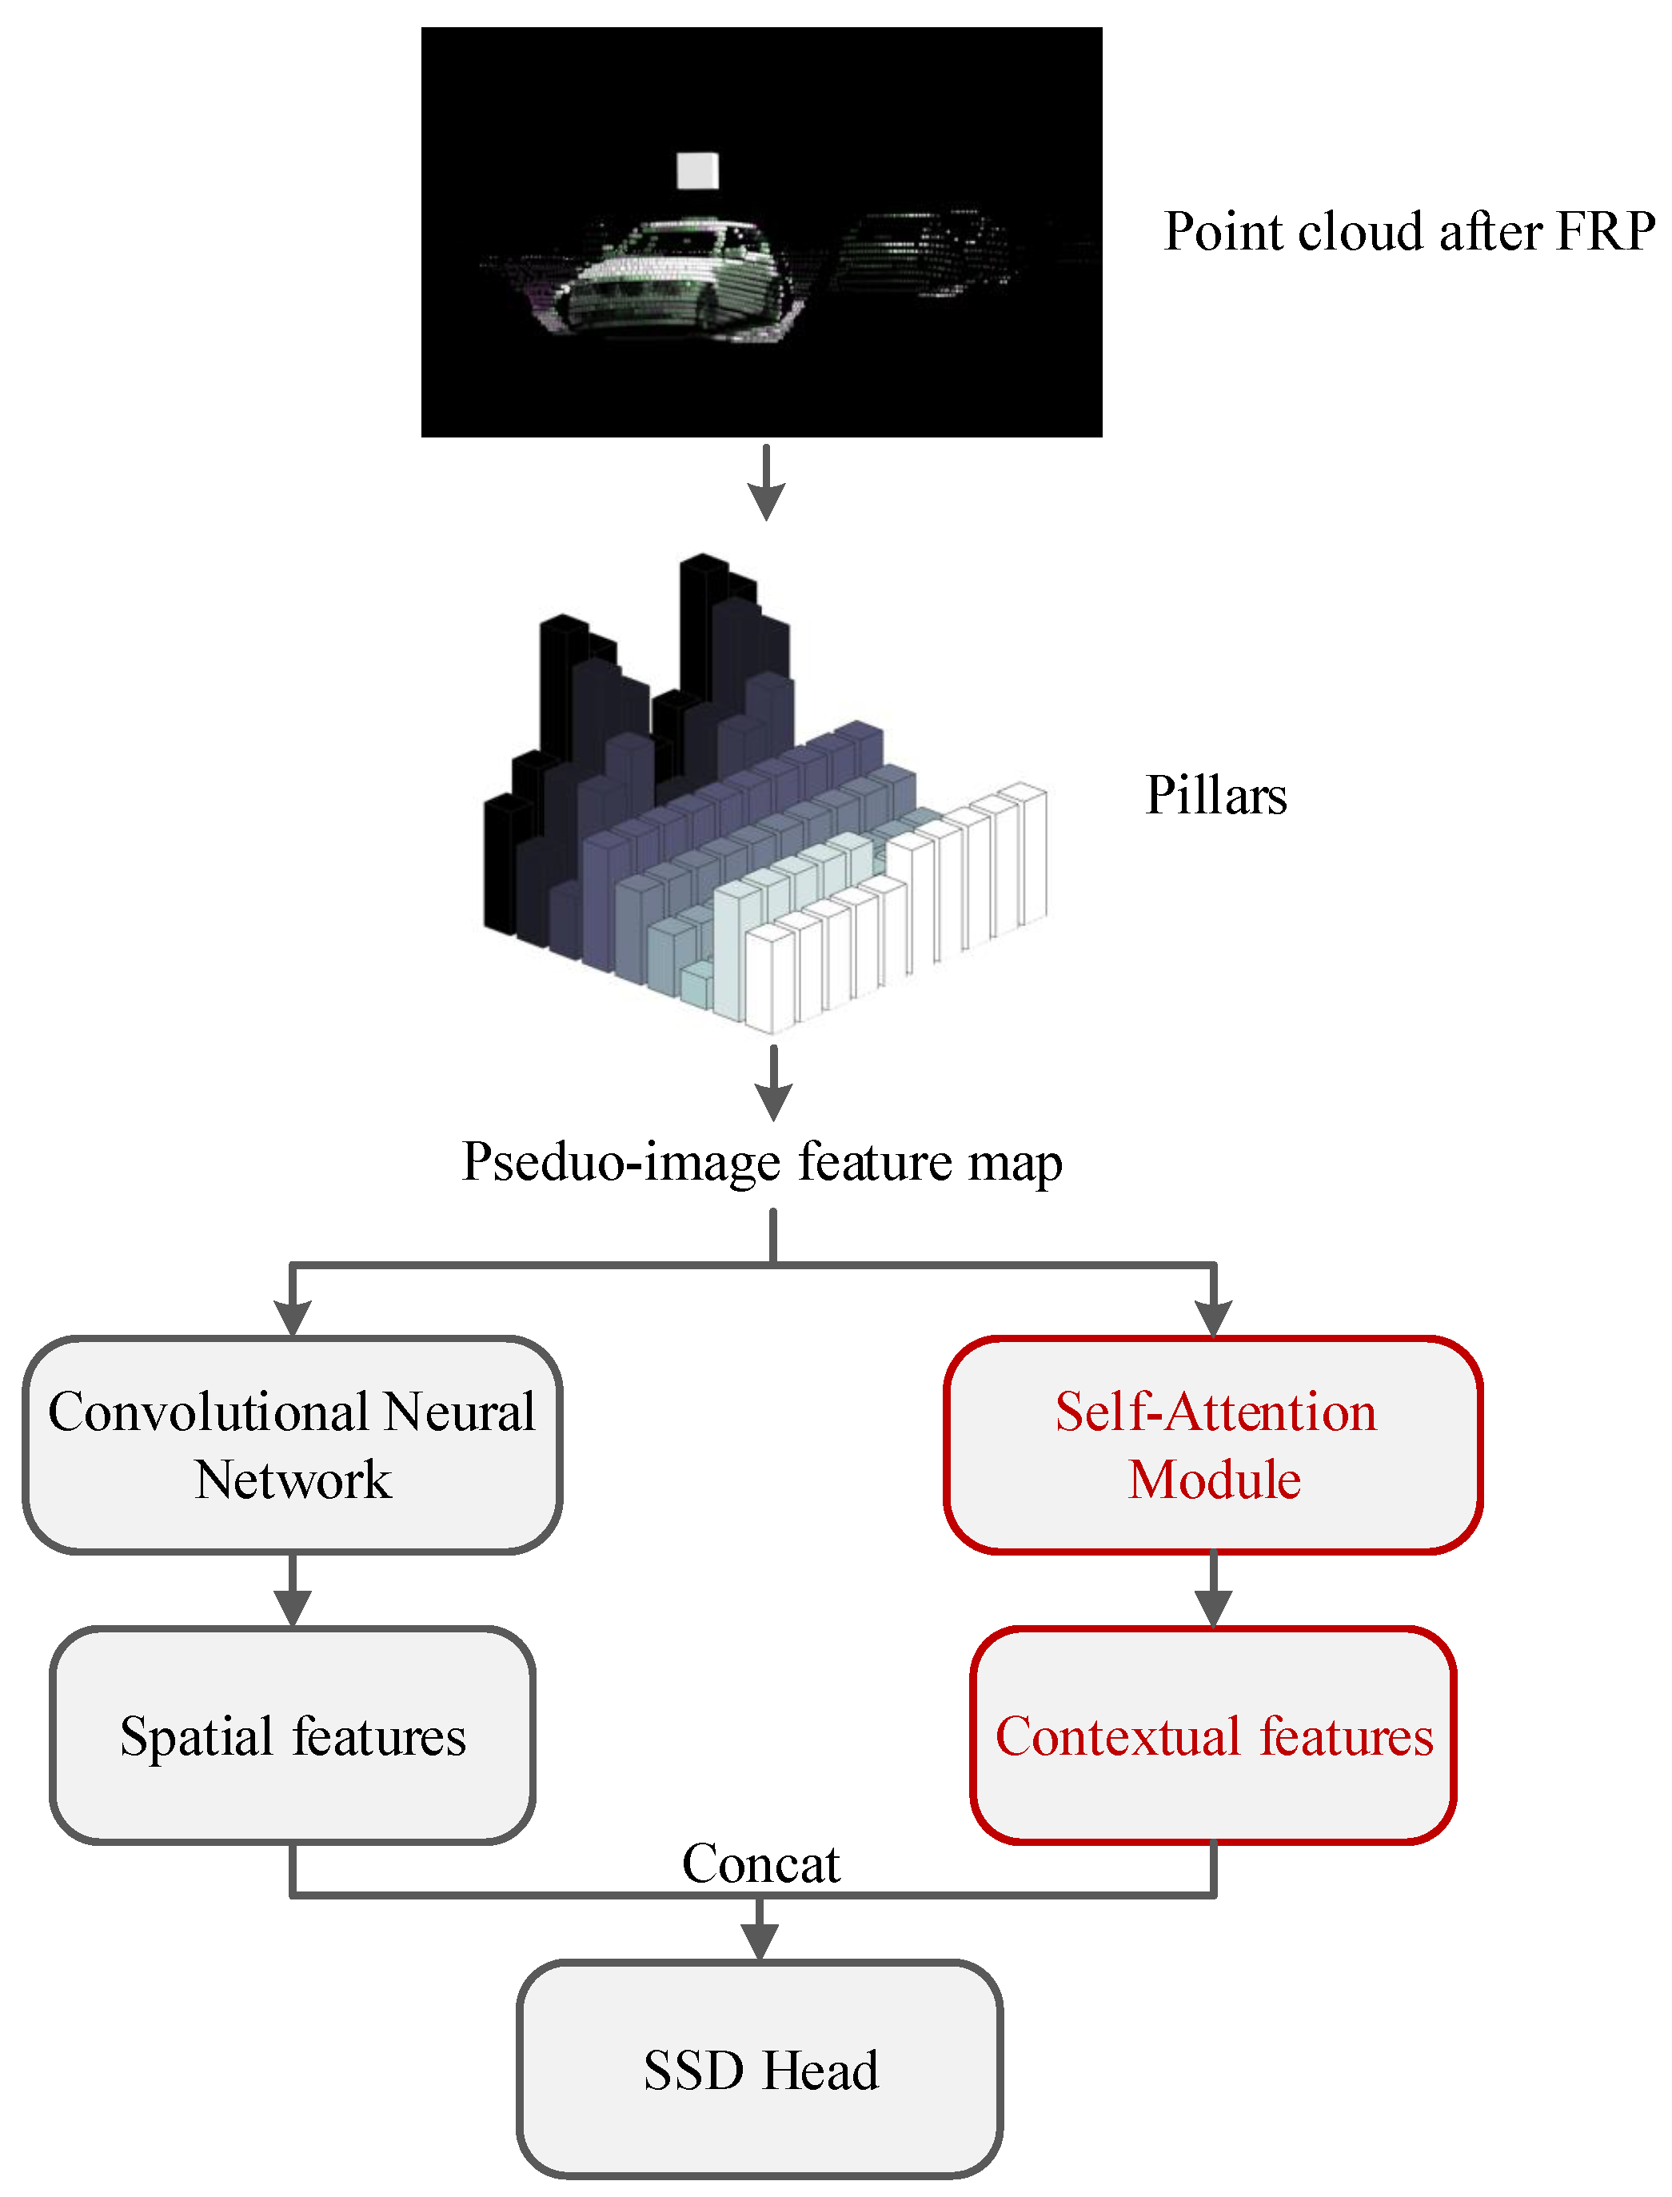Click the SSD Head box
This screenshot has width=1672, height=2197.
(760, 2071)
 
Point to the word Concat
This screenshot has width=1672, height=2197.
(760, 1863)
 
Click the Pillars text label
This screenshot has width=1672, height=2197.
(1215, 795)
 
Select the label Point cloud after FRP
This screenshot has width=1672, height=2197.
(1408, 232)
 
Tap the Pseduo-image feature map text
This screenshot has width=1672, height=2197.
(762, 1162)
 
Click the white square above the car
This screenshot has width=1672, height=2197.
(696, 171)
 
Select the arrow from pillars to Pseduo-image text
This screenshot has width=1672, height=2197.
(773, 1083)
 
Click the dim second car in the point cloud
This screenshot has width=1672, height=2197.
(920, 254)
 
